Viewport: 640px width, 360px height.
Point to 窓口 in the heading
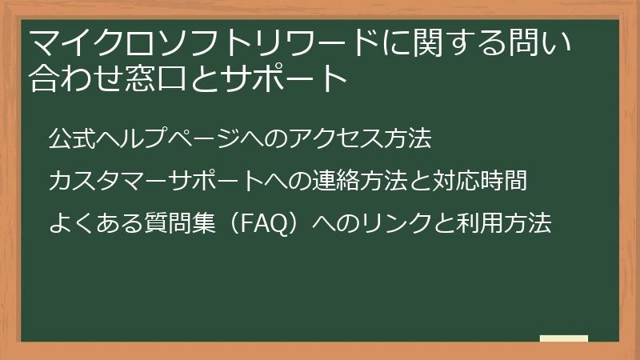pos(155,78)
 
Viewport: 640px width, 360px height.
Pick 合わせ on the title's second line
pos(76,78)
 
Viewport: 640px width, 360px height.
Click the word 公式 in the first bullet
pos(72,138)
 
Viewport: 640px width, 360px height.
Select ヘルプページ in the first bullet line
pos(168,138)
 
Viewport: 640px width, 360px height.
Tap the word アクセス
pos(336,138)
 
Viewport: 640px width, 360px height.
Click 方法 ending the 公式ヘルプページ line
pos(408,138)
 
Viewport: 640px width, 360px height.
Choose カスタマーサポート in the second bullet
pos(156,181)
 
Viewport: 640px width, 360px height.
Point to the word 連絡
pos(336,181)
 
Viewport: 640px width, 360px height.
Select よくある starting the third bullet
pos(96,223)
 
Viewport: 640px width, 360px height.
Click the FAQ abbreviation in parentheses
pos(264,224)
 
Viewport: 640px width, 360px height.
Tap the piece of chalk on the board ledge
pos(564,338)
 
